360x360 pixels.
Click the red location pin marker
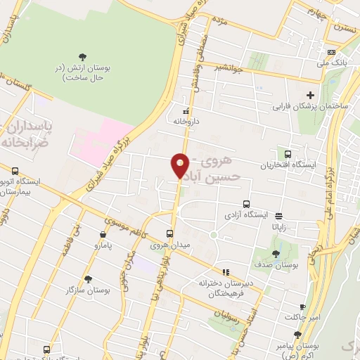click(180, 165)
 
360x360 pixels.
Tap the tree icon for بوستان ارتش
click(84, 56)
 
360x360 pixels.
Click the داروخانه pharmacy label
click(187, 121)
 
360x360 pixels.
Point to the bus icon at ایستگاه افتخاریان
click(287, 154)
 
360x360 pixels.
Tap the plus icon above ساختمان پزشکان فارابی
click(310, 95)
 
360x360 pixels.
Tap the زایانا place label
click(280, 227)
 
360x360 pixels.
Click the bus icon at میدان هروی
click(169, 234)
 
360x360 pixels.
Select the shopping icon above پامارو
click(103, 236)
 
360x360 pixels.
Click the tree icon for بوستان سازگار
click(88, 279)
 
